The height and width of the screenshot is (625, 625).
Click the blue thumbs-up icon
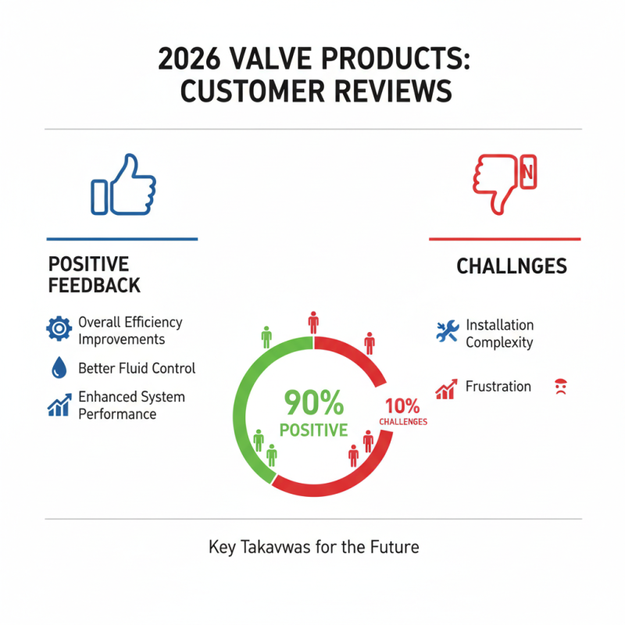click(123, 184)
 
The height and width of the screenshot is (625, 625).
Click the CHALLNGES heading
click(511, 266)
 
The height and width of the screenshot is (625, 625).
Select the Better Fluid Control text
click(137, 368)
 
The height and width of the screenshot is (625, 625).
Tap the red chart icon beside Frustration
click(445, 388)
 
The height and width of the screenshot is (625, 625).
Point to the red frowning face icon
click(560, 386)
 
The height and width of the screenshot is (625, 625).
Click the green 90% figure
click(313, 403)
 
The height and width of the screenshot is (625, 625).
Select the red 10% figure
click(402, 406)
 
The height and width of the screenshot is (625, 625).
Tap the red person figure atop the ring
click(313, 322)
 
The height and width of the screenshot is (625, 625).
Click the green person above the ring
click(266, 337)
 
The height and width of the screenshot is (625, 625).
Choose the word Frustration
click(498, 387)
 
